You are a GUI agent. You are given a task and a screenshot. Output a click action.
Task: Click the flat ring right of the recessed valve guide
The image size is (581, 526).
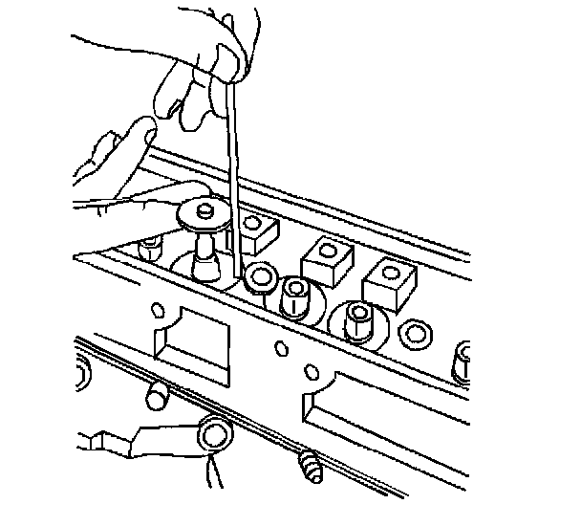click(416, 335)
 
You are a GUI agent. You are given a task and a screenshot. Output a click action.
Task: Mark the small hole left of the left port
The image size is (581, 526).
click(158, 312)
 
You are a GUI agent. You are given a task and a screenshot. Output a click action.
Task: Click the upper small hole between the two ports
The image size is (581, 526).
click(281, 346)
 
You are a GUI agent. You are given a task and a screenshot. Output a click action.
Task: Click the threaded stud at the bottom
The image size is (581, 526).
click(309, 467)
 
